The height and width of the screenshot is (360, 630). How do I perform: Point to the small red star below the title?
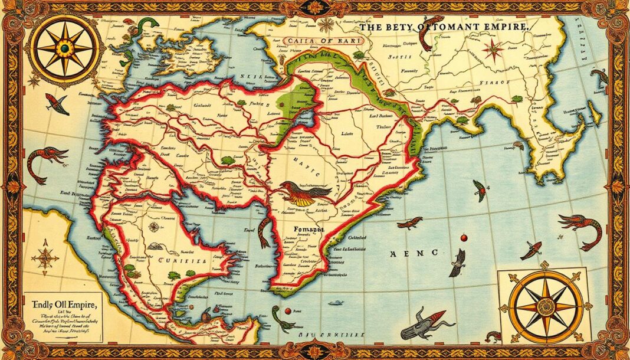[493, 50]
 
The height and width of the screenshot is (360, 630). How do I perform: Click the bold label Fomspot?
[306, 225]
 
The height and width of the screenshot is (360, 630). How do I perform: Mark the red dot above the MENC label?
[464, 238]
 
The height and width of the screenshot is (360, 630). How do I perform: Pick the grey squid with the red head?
[420, 323]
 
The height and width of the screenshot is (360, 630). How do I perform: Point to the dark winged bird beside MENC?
[457, 261]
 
